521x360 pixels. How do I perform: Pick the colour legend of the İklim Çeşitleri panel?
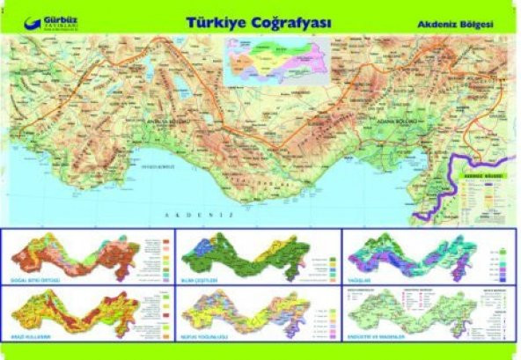click(x=327, y=261)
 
